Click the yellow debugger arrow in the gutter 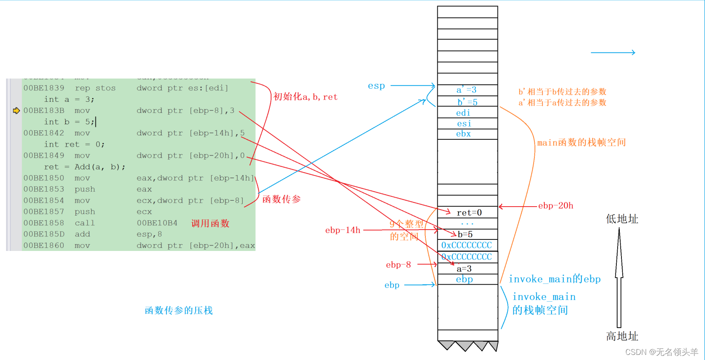click(16, 111)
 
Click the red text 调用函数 click(210, 223)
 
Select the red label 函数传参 click(281, 199)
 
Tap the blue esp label click(376, 86)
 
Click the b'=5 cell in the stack click(467, 102)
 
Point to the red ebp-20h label click(555, 206)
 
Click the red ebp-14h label click(343, 230)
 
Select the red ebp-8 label click(398, 265)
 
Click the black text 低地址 click(622, 219)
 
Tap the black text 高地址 click(622, 336)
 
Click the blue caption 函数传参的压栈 click(179, 310)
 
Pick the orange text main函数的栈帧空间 click(581, 142)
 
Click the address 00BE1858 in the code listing click(44, 223)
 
